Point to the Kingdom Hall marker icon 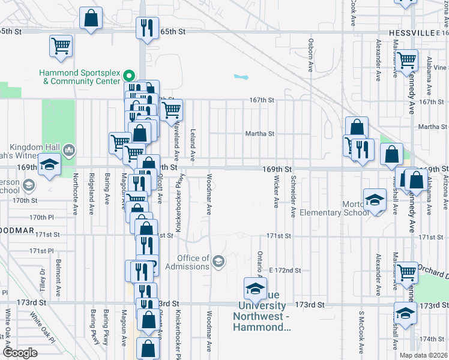[x=68, y=149]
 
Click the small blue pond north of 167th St [x=241, y=77]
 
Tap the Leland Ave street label [x=193, y=145]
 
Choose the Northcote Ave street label [x=76, y=194]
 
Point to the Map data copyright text [x=423, y=355]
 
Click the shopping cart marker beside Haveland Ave [x=172, y=110]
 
